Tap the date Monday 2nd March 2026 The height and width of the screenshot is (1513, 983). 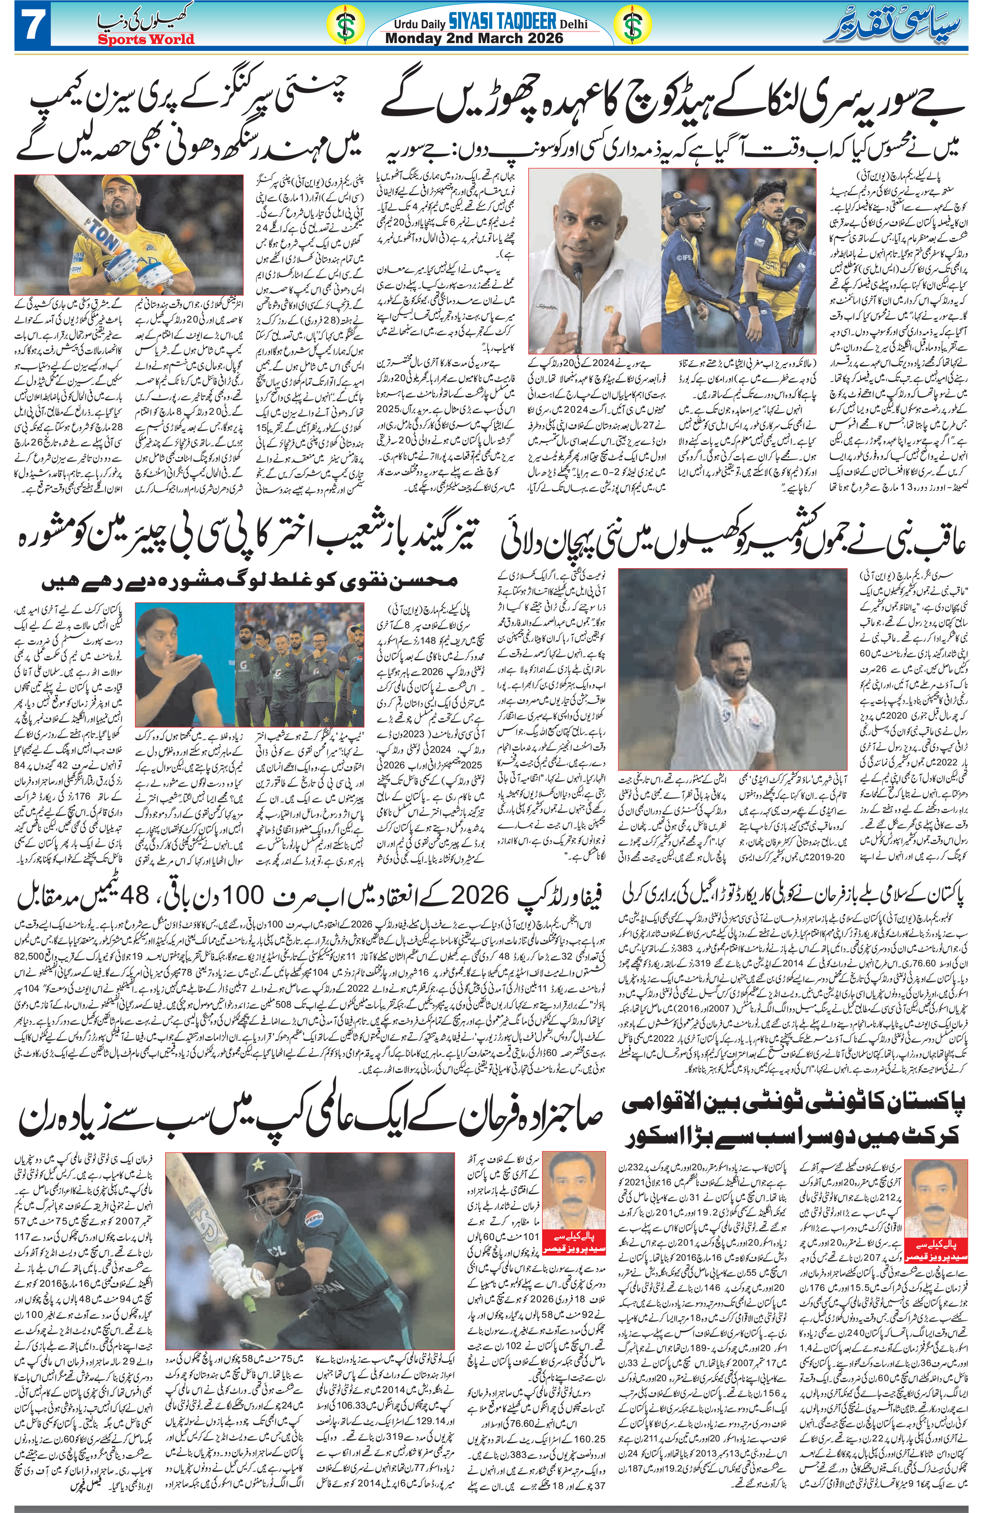tap(475, 38)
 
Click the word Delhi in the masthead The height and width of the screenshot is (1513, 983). tap(574, 24)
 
